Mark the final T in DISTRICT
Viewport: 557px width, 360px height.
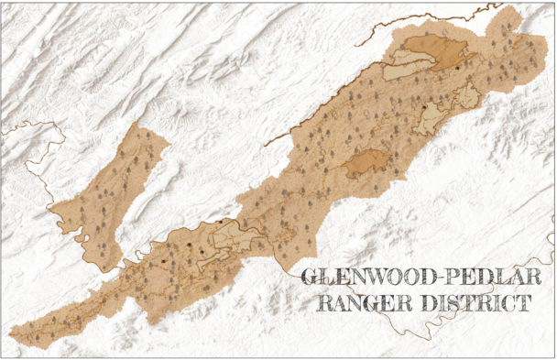(x=523, y=303)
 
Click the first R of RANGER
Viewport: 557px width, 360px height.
(x=323, y=303)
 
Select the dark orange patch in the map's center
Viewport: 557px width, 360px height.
(x=368, y=164)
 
